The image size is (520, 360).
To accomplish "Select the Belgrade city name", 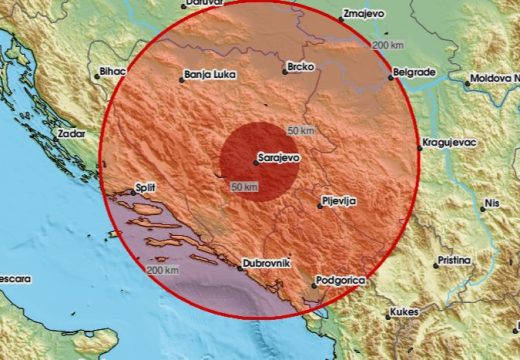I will [x=414, y=73].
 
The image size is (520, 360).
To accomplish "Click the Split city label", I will [x=145, y=188].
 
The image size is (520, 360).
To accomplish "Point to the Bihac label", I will [x=111, y=73].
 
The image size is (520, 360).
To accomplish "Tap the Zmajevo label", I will [x=365, y=15].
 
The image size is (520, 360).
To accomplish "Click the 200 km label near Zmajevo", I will [x=388, y=45].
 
